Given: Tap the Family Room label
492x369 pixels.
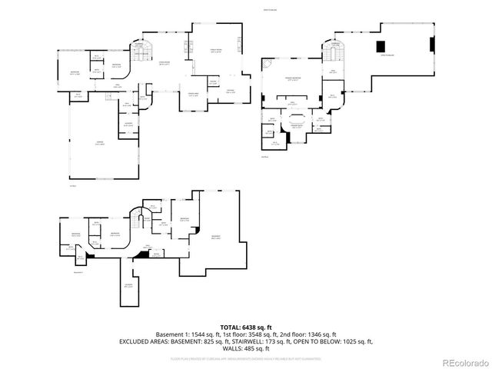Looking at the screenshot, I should [216, 52].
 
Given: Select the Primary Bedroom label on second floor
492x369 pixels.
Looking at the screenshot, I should [293, 78].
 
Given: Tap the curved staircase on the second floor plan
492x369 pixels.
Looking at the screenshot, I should [334, 52].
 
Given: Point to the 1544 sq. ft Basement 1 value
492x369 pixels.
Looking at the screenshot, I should [201, 334].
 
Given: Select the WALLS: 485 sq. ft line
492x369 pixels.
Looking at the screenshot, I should [246, 348].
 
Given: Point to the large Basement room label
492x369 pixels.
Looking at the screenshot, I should [216, 237].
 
